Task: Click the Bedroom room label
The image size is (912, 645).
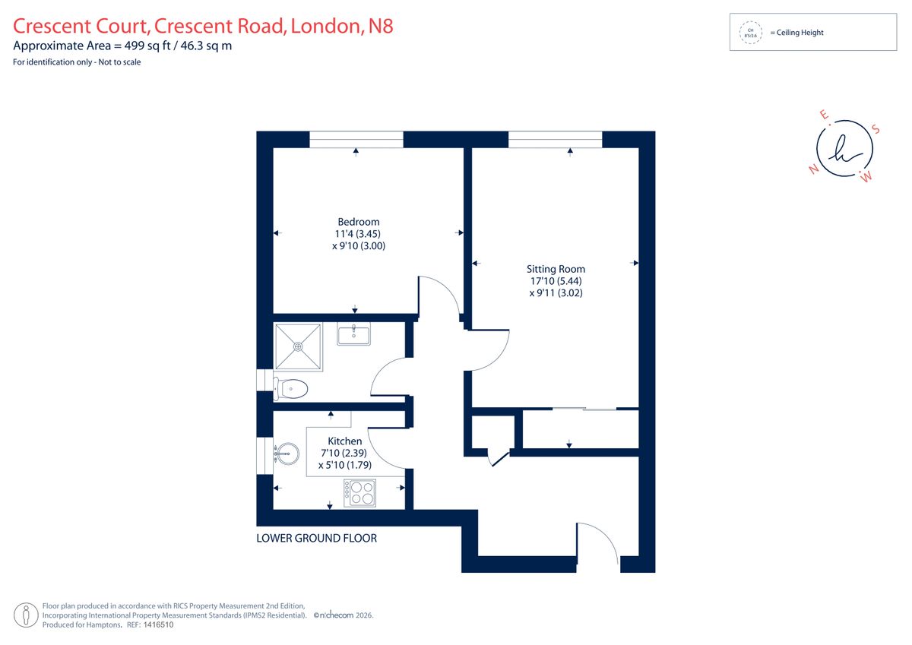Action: tap(358, 222)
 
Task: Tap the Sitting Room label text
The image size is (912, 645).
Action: tap(556, 269)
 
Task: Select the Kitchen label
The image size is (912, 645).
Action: tap(345, 441)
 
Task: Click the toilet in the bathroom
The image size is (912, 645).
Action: tap(290, 389)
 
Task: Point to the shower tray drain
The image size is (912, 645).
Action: tap(298, 346)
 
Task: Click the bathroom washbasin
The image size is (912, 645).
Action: tap(353, 334)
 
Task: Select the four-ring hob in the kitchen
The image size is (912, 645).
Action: tap(359, 493)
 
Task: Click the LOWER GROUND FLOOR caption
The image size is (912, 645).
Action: tap(316, 539)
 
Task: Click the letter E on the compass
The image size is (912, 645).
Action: tap(825, 115)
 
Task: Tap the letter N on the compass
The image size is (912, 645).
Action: tap(814, 169)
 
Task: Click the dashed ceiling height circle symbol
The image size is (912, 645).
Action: tap(750, 33)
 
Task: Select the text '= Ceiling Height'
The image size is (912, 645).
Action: tap(796, 33)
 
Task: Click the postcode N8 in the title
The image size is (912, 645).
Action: tap(381, 26)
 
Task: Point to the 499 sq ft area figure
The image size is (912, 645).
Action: tap(147, 46)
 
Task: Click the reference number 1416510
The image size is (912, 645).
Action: tap(158, 624)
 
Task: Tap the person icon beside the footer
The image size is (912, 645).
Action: tap(26, 615)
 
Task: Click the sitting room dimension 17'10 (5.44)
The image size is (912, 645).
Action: tap(556, 281)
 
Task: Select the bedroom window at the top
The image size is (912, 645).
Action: tap(356, 140)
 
